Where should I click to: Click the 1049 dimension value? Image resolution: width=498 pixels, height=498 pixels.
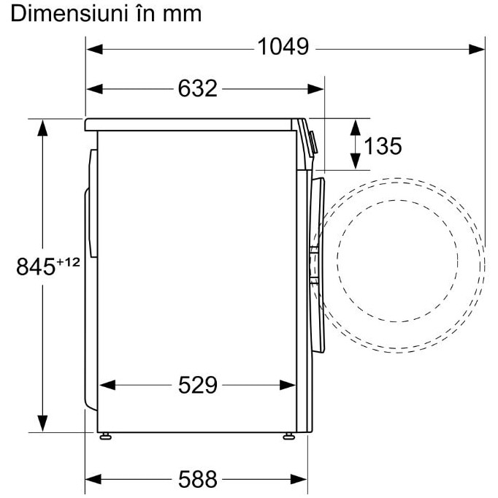click(x=283, y=47)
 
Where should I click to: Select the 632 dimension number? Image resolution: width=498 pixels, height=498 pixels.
click(x=198, y=88)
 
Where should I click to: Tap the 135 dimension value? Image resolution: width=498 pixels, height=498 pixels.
click(x=383, y=146)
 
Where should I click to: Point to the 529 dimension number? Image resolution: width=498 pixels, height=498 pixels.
click(x=198, y=386)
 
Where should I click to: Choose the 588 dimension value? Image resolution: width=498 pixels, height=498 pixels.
click(x=198, y=479)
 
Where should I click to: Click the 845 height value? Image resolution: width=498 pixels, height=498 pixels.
click(x=36, y=267)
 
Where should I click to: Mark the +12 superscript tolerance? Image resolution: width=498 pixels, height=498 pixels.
click(x=68, y=262)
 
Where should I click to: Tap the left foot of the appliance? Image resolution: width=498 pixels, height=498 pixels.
click(x=105, y=436)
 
